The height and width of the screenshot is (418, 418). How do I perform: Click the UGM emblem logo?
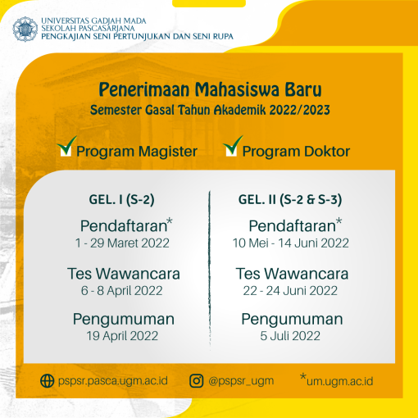coord(25,29)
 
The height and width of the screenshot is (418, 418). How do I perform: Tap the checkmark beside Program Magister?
coord(66,146)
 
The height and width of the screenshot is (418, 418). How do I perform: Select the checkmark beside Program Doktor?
coord(233,146)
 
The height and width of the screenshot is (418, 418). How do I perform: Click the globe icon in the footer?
coord(48,380)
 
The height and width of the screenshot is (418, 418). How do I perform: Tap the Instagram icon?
coord(197,381)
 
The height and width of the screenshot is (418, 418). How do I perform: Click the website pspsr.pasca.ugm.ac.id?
coord(113,381)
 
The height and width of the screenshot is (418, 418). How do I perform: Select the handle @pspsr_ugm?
coord(241,381)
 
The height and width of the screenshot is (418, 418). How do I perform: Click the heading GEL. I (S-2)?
coord(121,200)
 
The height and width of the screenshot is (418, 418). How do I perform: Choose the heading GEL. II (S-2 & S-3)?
coord(290,200)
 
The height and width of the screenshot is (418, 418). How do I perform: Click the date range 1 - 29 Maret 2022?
coord(122,243)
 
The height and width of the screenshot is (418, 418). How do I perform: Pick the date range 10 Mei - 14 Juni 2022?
coord(291,243)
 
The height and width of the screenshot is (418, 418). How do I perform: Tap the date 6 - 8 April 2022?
coord(121,291)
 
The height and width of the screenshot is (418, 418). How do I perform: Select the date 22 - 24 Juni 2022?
coord(290,291)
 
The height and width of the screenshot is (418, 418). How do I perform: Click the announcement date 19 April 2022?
coord(122,336)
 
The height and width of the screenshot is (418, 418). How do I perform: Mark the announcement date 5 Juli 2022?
coord(290,336)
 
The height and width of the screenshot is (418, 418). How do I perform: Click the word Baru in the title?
coord(303,89)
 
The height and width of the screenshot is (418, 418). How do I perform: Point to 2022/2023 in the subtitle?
coord(299,110)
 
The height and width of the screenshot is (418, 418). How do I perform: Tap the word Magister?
coord(167,152)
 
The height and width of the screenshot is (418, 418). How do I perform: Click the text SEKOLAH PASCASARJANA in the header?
coord(88,28)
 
